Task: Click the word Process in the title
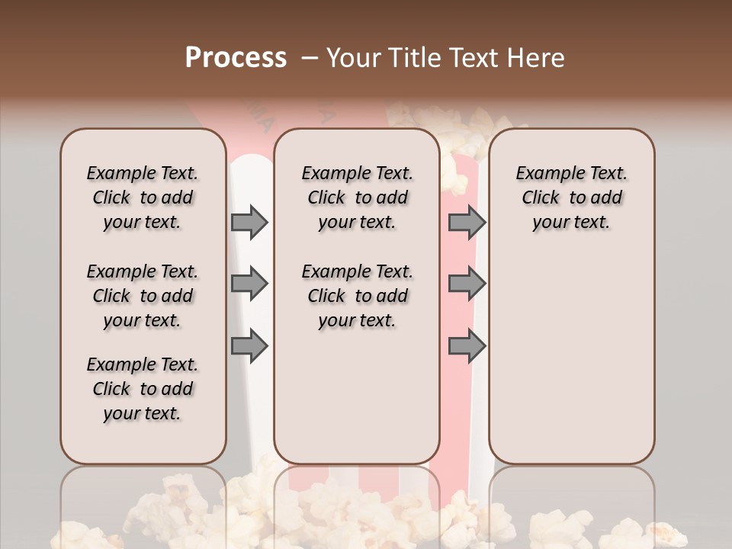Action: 236,58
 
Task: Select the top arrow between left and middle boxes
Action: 249,222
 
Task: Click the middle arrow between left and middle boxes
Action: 249,284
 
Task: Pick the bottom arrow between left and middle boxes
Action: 249,346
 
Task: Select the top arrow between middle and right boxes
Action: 467,222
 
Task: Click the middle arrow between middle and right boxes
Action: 467,284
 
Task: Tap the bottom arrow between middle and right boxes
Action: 467,346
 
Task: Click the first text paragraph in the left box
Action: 142,197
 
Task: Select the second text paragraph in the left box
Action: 142,296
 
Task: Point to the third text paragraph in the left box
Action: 142,389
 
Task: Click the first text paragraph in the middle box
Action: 357,197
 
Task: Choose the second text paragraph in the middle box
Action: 357,296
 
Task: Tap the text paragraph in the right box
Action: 571,197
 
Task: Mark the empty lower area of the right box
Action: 571,358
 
